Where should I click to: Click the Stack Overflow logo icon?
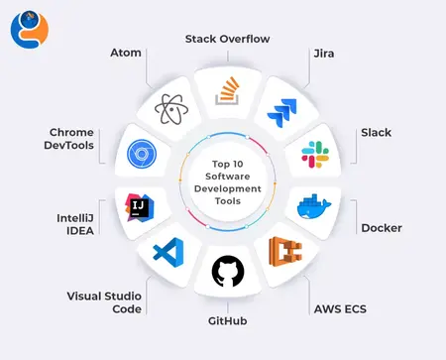pos(227,91)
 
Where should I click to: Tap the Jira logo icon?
pos(283,109)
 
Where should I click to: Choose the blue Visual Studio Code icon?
pos(168,253)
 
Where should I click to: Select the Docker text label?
pos(382,227)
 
